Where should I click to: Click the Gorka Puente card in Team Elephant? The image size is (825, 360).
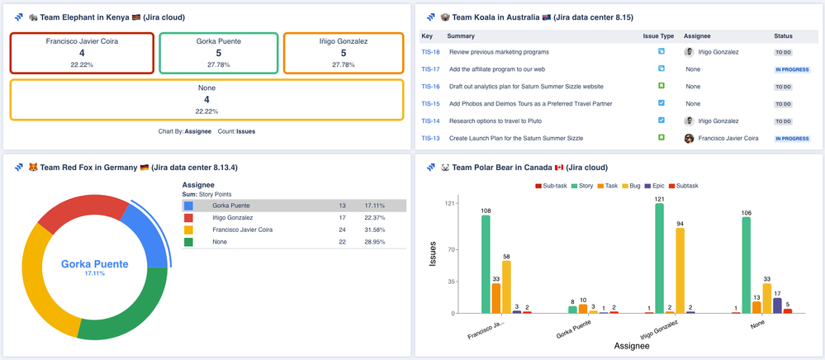click(218, 53)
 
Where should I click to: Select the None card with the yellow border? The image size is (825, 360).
click(206, 99)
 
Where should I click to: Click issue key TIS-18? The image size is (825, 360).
click(430, 51)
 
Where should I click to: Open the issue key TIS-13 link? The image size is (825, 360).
click(430, 138)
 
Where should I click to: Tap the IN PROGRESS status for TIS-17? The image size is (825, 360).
click(791, 69)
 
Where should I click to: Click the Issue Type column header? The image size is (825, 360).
click(658, 36)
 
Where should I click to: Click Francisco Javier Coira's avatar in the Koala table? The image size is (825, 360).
click(689, 138)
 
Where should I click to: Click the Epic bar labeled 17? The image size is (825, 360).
click(777, 305)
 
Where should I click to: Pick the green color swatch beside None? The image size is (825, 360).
click(189, 242)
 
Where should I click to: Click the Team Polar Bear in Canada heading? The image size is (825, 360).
click(529, 168)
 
